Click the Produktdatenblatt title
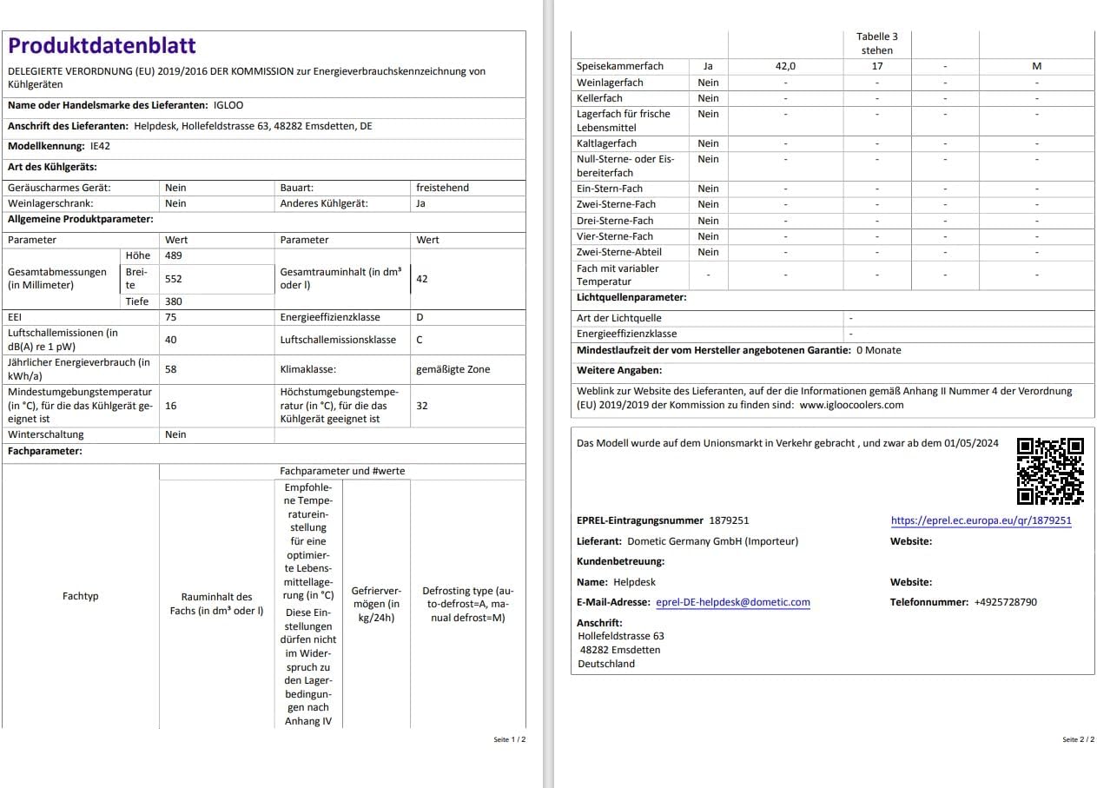point(102,46)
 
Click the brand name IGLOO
point(228,105)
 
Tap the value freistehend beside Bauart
point(443,188)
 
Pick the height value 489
point(174,255)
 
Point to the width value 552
point(174,279)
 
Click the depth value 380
point(174,301)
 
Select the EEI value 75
point(171,317)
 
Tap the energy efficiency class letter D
point(420,317)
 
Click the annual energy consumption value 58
point(171,369)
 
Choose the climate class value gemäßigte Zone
point(453,369)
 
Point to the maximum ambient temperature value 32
point(422,406)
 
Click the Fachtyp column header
point(81,596)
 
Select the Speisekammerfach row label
point(620,66)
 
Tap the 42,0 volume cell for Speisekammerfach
point(785,66)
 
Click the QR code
point(1050,472)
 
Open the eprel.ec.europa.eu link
point(981,521)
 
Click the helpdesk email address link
point(732,602)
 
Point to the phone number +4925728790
point(1005,602)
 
